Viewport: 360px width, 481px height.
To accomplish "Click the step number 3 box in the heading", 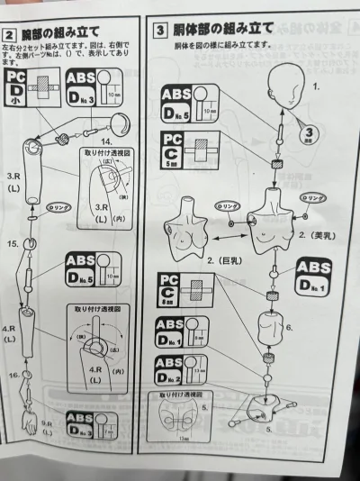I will (160, 31).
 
